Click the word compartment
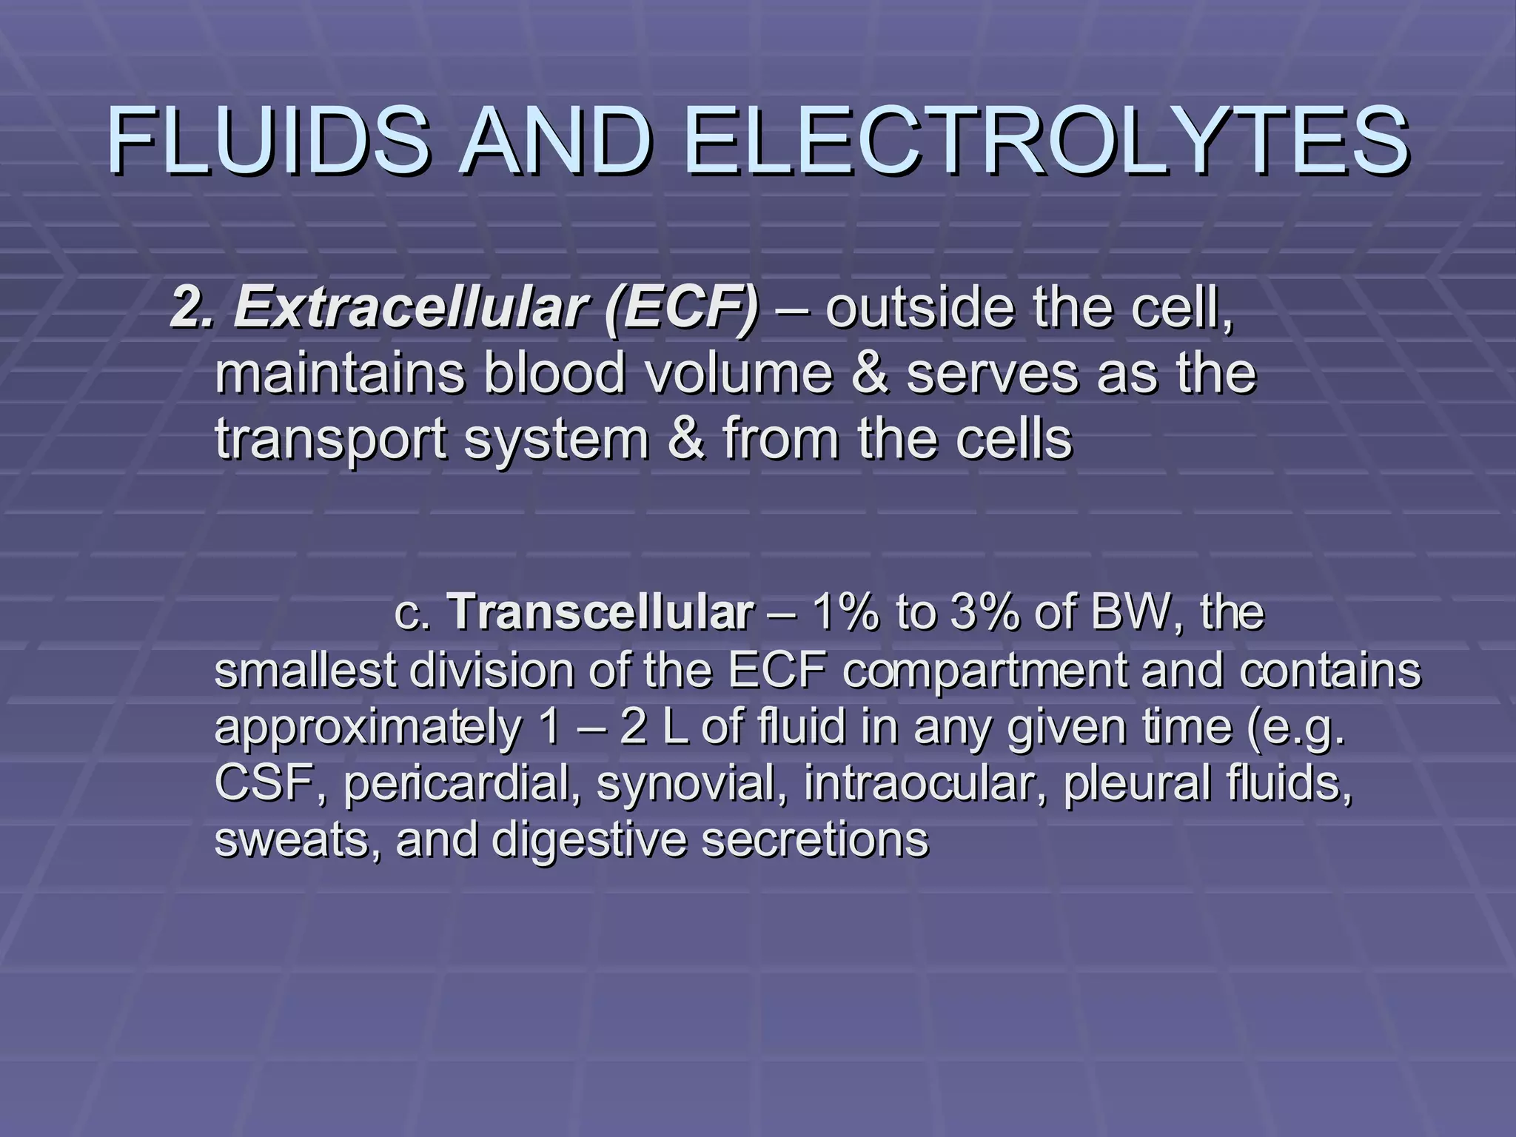985,671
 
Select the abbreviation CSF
269,783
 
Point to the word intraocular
926,783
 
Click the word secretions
814,839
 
